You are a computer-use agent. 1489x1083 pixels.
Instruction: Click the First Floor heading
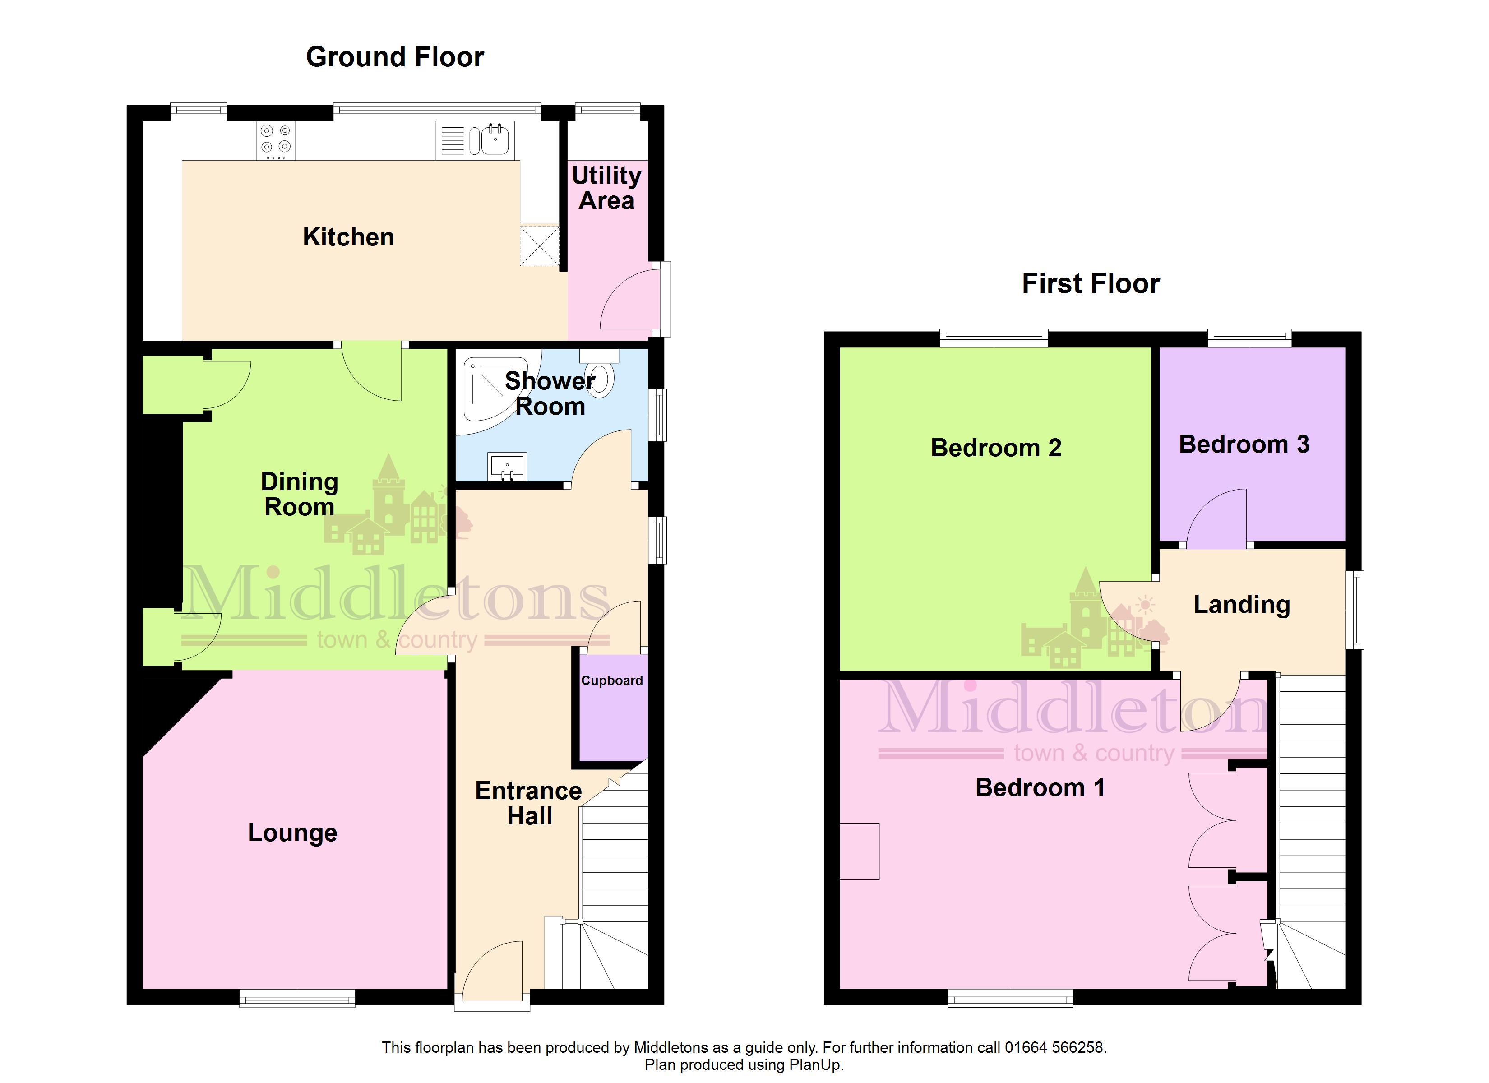(1091, 284)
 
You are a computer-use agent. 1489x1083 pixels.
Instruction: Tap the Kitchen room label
(349, 237)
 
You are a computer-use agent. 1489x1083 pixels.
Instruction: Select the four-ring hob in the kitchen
(276, 140)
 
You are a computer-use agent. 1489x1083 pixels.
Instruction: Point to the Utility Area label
(606, 188)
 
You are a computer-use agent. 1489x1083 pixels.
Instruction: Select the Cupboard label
(612, 680)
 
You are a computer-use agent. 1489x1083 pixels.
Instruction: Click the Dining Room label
(299, 494)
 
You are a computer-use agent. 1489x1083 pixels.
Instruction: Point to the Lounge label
(293, 833)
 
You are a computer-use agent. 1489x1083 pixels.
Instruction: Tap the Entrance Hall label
(528, 803)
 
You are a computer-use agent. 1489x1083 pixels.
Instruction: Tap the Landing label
(1241, 605)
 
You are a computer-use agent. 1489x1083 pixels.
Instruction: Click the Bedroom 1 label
(1040, 787)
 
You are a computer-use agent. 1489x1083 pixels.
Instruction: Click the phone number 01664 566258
(1055, 1047)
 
